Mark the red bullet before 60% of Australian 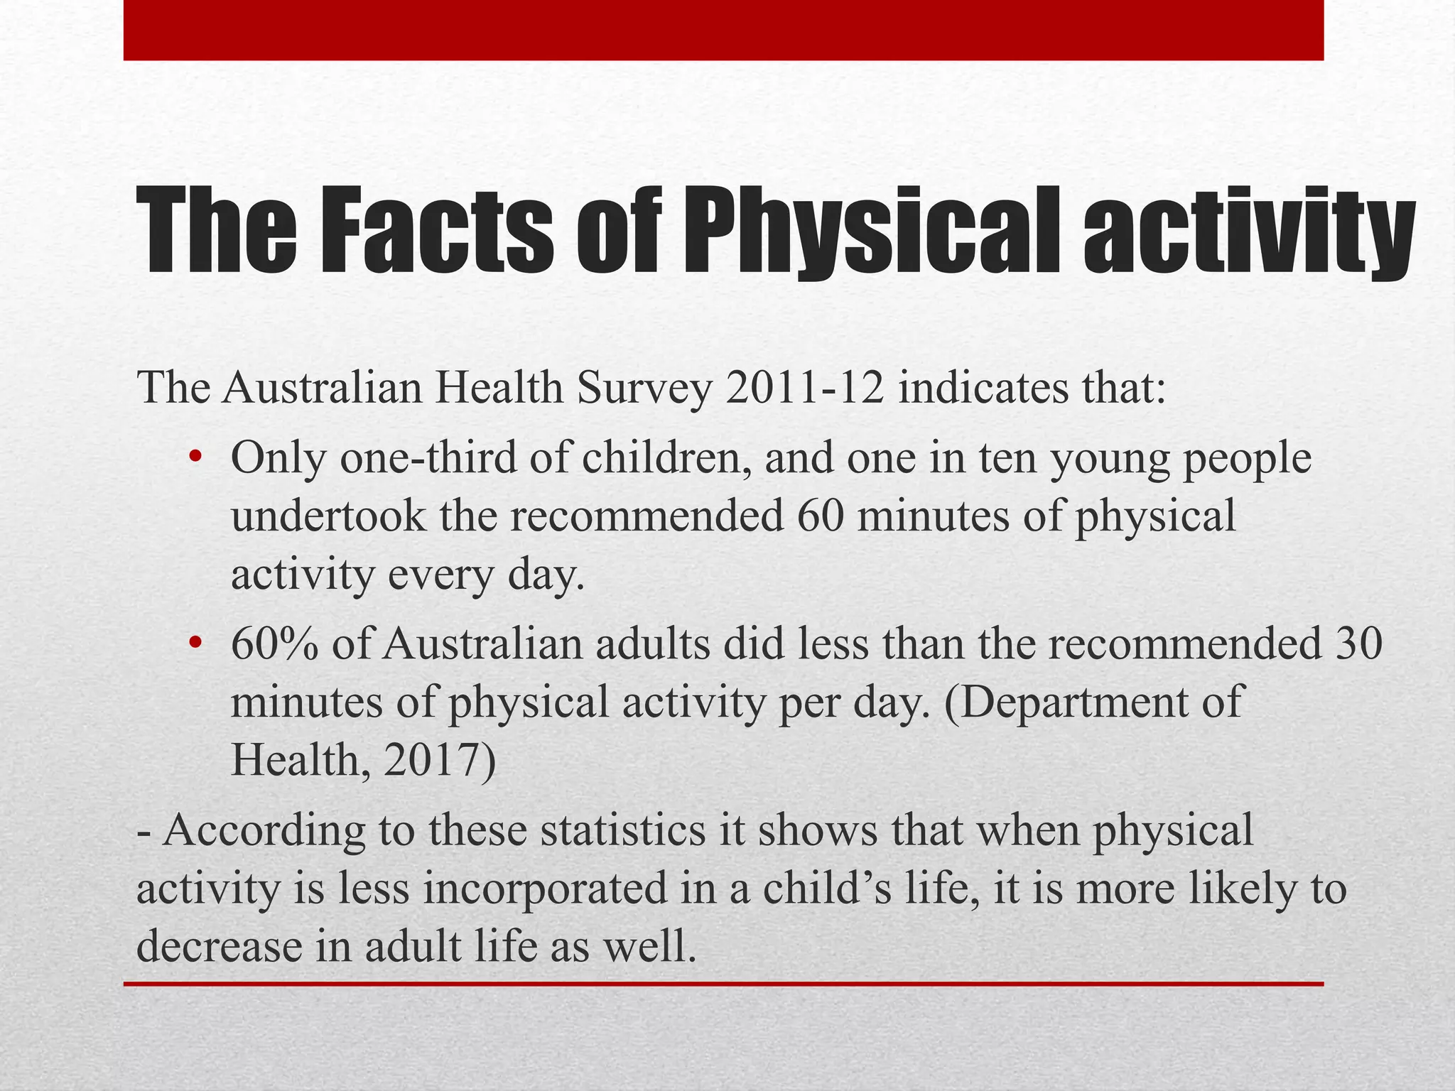click(x=196, y=643)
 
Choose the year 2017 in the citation click(x=431, y=761)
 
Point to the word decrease click(x=220, y=947)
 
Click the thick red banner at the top click(x=723, y=30)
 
